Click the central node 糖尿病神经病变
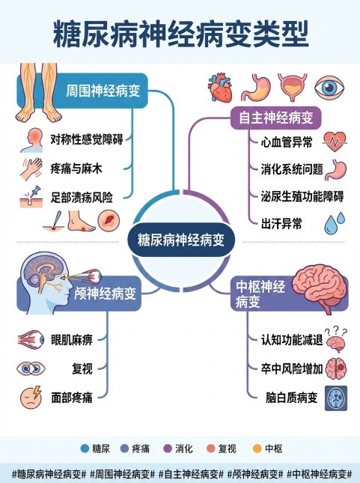click(181, 240)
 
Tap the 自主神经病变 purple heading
click(276, 118)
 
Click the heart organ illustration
click(220, 88)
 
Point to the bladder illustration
click(293, 87)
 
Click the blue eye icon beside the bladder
click(329, 88)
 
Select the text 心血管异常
click(287, 142)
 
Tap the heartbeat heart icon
click(335, 142)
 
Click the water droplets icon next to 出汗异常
click(335, 222)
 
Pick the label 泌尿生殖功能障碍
click(302, 196)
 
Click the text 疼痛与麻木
click(76, 168)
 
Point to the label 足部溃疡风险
click(82, 198)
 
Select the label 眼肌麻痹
click(71, 340)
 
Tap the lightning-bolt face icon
click(31, 397)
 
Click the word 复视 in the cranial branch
click(82, 368)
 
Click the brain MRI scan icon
click(335, 398)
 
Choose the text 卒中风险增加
click(292, 368)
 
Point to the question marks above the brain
click(335, 331)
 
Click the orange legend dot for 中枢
click(257, 449)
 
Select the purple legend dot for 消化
click(168, 449)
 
